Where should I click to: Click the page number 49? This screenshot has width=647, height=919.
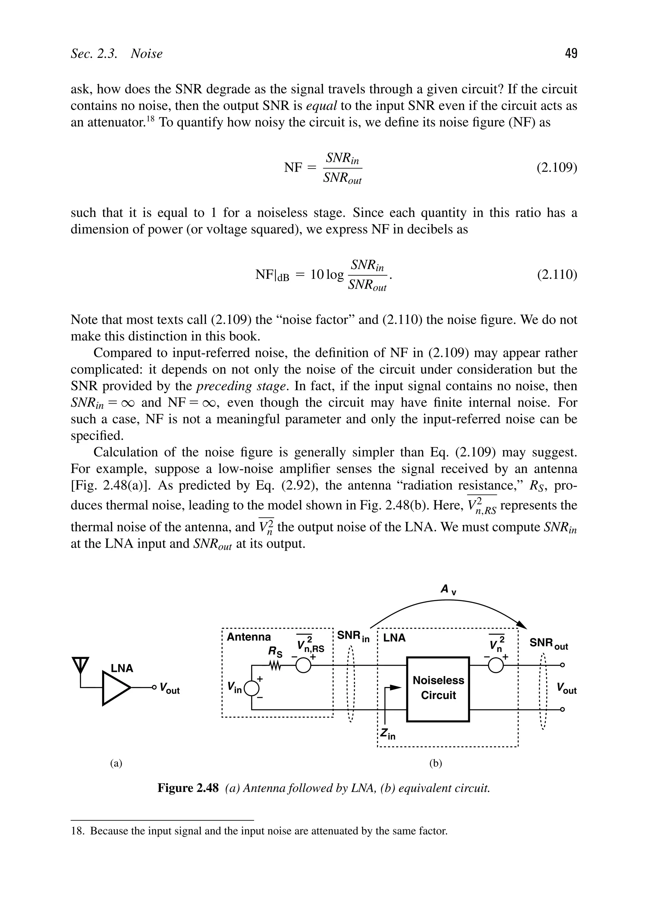571,53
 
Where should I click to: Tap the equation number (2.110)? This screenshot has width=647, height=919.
557,275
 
